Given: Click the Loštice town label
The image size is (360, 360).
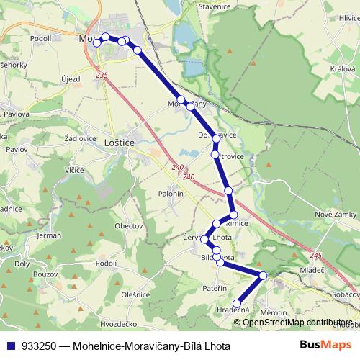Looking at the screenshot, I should (x=120, y=143).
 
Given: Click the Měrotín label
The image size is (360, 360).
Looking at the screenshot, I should (x=274, y=312).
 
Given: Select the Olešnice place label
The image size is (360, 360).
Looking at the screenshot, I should (x=135, y=294).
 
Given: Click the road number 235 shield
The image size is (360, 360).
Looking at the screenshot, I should (x=101, y=75).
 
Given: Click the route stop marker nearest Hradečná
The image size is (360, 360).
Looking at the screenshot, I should (x=236, y=303).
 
